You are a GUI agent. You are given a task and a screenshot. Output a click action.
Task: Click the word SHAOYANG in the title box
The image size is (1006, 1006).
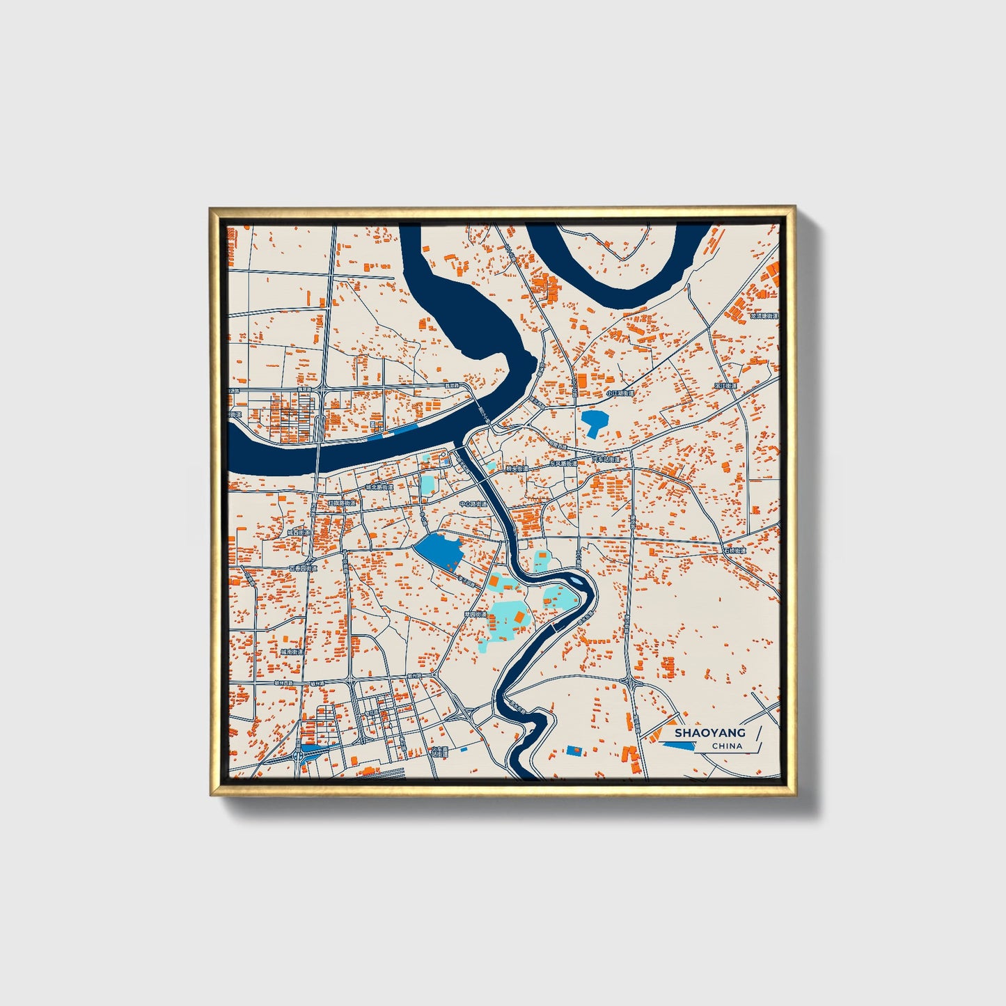(x=709, y=732)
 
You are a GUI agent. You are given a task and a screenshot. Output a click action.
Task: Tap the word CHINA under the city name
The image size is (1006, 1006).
(x=727, y=746)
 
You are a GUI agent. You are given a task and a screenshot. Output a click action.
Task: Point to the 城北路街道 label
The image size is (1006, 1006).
(x=379, y=487)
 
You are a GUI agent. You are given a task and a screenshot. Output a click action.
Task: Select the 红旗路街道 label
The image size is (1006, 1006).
(x=342, y=503)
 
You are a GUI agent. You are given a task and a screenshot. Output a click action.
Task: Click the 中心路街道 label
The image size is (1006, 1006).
(x=473, y=503)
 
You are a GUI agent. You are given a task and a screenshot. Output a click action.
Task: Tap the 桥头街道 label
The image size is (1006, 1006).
(x=517, y=469)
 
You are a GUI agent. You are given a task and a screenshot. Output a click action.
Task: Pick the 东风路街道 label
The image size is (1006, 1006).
(x=563, y=463)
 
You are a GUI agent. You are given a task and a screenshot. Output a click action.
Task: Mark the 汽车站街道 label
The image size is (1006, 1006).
(x=606, y=460)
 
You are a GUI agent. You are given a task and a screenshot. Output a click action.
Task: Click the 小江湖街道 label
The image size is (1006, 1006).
(x=620, y=393)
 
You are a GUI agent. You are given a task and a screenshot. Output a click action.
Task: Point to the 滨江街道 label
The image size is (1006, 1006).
(x=725, y=386)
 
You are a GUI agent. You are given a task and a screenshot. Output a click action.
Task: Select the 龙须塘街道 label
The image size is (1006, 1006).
(x=764, y=315)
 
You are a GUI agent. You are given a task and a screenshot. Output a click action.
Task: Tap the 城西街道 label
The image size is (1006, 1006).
(x=299, y=533)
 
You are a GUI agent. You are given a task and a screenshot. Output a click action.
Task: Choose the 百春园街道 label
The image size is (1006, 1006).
(x=303, y=568)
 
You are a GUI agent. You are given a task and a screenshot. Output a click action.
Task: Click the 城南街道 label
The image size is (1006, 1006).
(x=292, y=652)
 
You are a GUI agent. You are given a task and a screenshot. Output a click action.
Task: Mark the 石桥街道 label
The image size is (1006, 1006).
(x=734, y=550)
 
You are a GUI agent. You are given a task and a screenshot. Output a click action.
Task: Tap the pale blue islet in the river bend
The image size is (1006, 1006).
(x=576, y=579)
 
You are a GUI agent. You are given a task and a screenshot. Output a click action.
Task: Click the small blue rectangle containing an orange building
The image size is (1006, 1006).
(x=575, y=750)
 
